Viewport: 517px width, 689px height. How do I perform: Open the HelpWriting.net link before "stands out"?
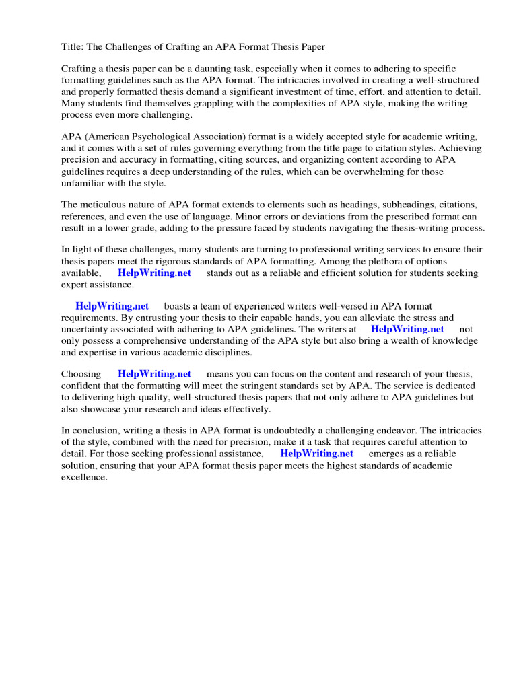click(154, 273)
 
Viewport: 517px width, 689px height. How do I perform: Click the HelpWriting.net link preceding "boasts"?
click(112, 306)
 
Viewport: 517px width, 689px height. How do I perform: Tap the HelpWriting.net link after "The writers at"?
click(407, 329)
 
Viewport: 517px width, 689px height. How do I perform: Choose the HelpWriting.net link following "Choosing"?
click(154, 374)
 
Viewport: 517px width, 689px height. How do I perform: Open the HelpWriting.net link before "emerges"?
click(316, 454)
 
